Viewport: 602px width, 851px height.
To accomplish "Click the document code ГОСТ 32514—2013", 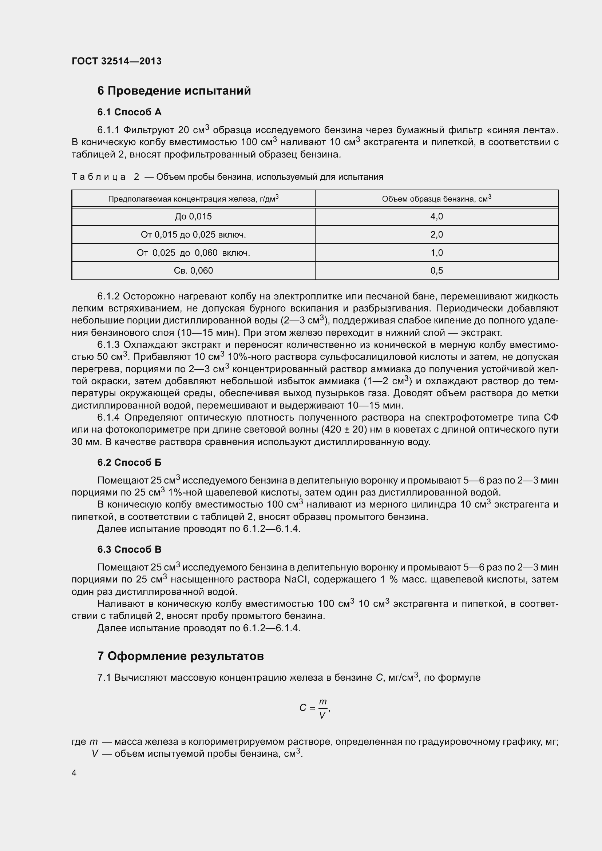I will [x=116, y=61].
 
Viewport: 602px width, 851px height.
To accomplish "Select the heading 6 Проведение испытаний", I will [x=174, y=91].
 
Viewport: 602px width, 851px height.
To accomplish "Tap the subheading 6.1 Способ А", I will [x=129, y=112].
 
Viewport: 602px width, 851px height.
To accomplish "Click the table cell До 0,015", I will [x=193, y=216].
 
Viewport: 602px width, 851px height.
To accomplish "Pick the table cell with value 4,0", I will [x=436, y=216].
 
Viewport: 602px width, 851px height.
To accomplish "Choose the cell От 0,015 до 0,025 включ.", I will [x=193, y=235].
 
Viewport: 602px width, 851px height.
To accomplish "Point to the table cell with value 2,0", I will [x=436, y=235].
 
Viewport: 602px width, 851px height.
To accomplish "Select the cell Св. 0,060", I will [x=193, y=271].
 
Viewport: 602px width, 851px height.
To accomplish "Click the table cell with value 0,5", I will [x=436, y=271].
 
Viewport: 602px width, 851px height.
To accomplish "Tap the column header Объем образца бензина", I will [x=436, y=199].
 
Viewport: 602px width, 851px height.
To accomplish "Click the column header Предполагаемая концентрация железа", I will [x=193, y=199].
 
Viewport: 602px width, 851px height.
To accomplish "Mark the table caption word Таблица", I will [x=99, y=177].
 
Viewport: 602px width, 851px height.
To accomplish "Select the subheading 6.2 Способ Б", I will [x=129, y=462].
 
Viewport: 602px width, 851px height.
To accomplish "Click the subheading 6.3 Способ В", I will [x=129, y=549].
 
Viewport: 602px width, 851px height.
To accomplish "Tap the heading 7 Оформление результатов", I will [x=180, y=656].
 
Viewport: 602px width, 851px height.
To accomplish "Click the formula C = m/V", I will [x=314, y=708].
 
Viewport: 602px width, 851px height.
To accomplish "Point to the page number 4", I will [x=74, y=773].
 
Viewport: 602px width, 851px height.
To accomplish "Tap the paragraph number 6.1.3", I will [x=108, y=345].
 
